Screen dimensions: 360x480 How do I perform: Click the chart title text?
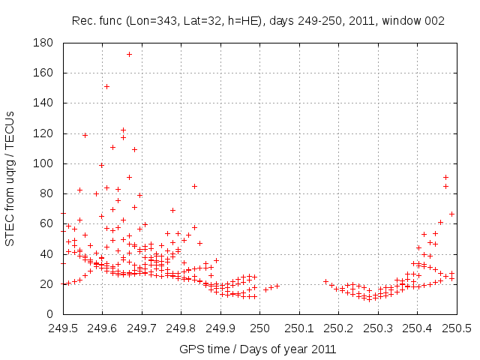(258, 21)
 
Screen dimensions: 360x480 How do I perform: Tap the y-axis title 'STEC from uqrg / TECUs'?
(10, 178)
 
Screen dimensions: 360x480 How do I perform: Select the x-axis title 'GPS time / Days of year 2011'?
(258, 349)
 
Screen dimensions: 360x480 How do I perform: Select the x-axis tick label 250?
(260, 328)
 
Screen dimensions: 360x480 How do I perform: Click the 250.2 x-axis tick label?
(339, 328)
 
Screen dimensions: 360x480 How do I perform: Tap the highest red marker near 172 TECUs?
(129, 54)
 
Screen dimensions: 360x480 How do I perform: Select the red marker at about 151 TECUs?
(106, 86)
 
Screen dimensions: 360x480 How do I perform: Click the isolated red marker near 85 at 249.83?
(194, 186)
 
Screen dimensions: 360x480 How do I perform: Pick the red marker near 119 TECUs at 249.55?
(85, 135)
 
